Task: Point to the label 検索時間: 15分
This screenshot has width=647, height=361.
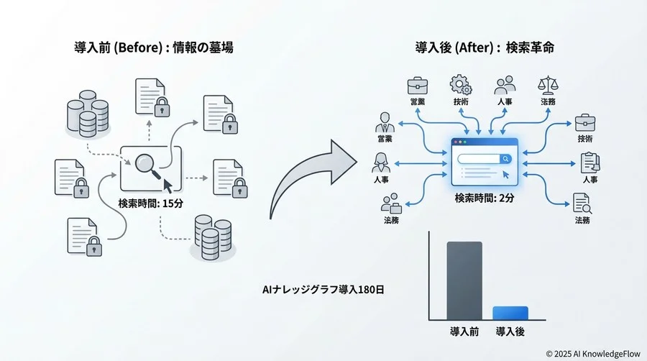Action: pyautogui.click(x=151, y=204)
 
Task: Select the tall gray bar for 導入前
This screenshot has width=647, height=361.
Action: pyautogui.click(x=464, y=280)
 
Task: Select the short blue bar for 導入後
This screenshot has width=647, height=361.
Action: pyautogui.click(x=510, y=313)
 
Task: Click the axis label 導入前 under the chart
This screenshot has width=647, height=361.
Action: pyautogui.click(x=464, y=332)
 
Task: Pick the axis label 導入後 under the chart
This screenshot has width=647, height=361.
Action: pyautogui.click(x=510, y=332)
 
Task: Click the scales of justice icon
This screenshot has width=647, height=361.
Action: pyautogui.click(x=548, y=85)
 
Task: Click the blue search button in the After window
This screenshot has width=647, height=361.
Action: pyautogui.click(x=506, y=159)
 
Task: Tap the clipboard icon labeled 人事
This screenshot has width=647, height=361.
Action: pyautogui.click(x=589, y=163)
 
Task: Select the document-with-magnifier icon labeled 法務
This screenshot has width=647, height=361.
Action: pyautogui.click(x=582, y=203)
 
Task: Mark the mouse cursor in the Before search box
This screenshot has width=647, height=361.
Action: pyautogui.click(x=168, y=185)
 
